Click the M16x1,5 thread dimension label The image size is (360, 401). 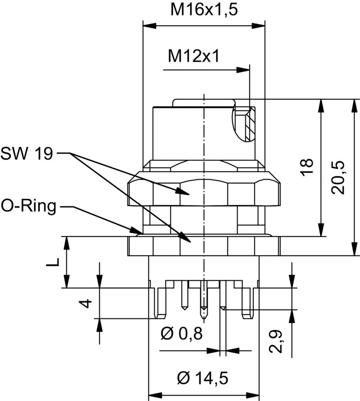pos(204,9)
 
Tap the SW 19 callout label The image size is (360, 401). pos(27,154)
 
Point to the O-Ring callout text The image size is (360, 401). pos(29,207)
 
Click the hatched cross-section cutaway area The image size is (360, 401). pos(247,124)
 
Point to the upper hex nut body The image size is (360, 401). pos(205,192)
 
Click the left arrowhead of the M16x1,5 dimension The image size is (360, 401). pos(148,25)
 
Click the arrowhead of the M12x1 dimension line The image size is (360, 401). pos(243,70)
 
